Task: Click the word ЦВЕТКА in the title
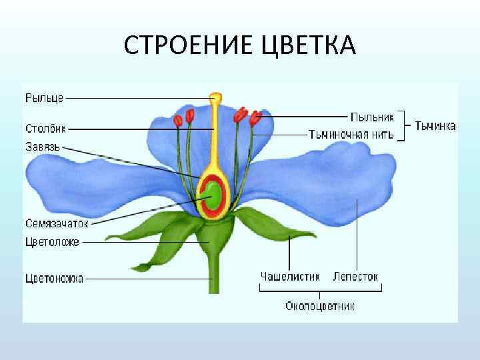coord(311,47)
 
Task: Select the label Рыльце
coord(44,98)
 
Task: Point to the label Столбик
coord(45,128)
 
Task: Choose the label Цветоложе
coord(52,242)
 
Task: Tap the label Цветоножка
coord(54,279)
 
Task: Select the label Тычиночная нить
coord(351,133)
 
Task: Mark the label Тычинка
coord(435,125)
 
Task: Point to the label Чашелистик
coord(290,275)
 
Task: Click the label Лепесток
coord(355,275)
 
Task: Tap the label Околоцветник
coord(320,307)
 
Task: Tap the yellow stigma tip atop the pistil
coord(215,99)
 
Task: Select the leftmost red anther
coord(178,121)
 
